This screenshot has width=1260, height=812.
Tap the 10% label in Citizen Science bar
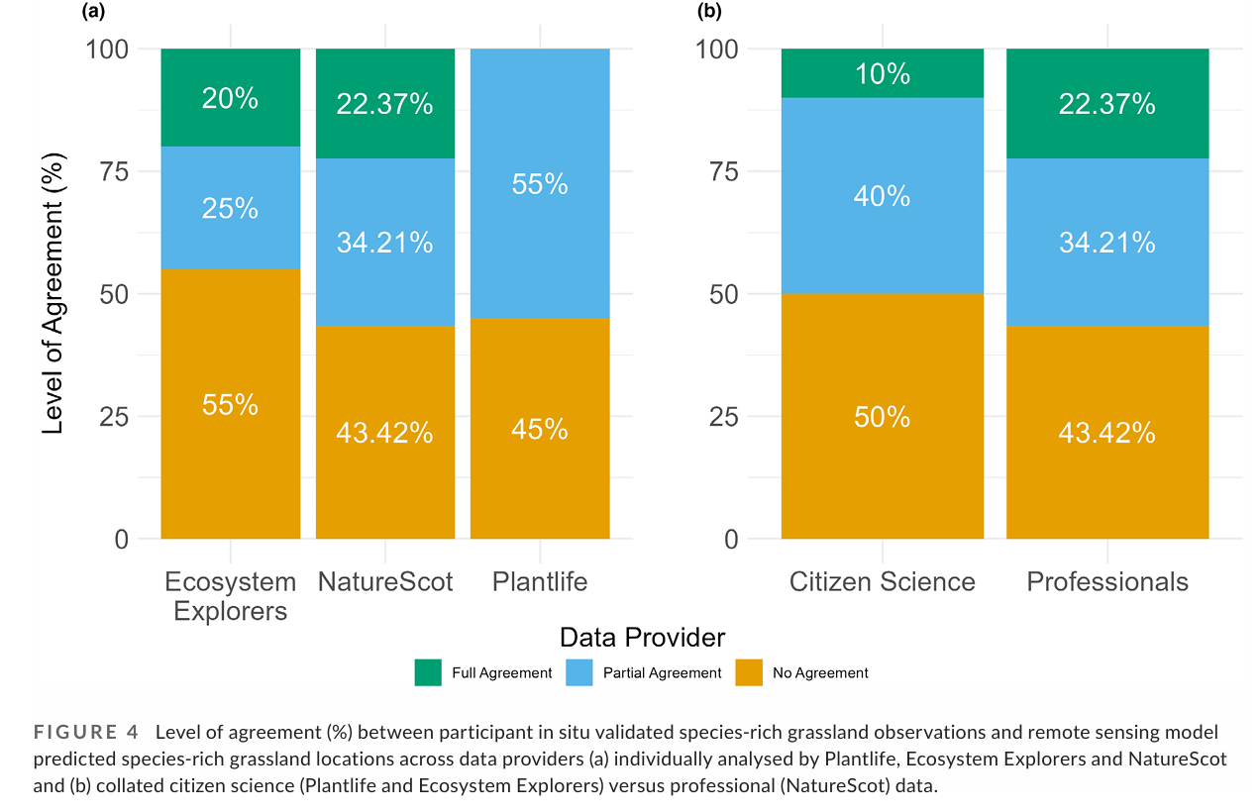[x=883, y=74]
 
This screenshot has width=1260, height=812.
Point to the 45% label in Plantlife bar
[x=540, y=429]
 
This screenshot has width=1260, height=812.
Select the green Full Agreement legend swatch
[x=427, y=672]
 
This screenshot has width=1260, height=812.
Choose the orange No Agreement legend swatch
[x=748, y=672]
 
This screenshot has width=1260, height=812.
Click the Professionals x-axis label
[x=1107, y=581]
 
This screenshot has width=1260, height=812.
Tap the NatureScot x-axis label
[x=385, y=581]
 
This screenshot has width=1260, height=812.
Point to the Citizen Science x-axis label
[x=883, y=581]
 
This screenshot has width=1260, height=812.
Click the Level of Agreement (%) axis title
[x=54, y=294]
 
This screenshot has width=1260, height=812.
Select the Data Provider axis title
[x=642, y=637]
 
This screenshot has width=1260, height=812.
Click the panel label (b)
[x=709, y=11]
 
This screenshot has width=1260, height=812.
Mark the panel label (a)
[x=93, y=11]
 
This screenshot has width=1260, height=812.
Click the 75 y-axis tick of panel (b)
[x=727, y=171]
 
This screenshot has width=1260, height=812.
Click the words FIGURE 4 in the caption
[x=86, y=733]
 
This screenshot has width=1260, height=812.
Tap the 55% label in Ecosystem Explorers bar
[x=231, y=404]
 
